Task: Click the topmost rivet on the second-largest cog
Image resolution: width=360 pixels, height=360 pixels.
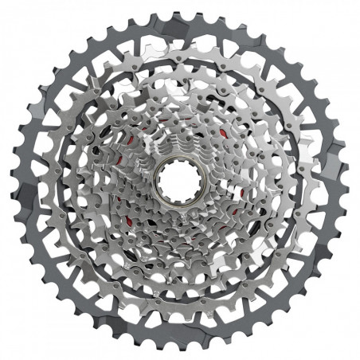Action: point(180,41)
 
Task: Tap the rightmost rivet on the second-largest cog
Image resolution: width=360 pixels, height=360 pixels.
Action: point(318,180)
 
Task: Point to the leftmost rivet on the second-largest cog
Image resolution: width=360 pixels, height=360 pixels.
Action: point(41,180)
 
